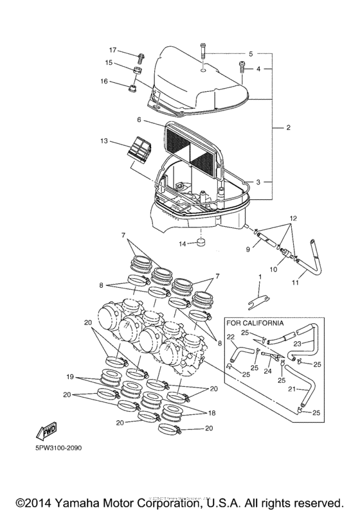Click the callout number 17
[112, 50]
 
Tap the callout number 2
[288, 128]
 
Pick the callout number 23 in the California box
[315, 344]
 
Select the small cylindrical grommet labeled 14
[201, 243]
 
